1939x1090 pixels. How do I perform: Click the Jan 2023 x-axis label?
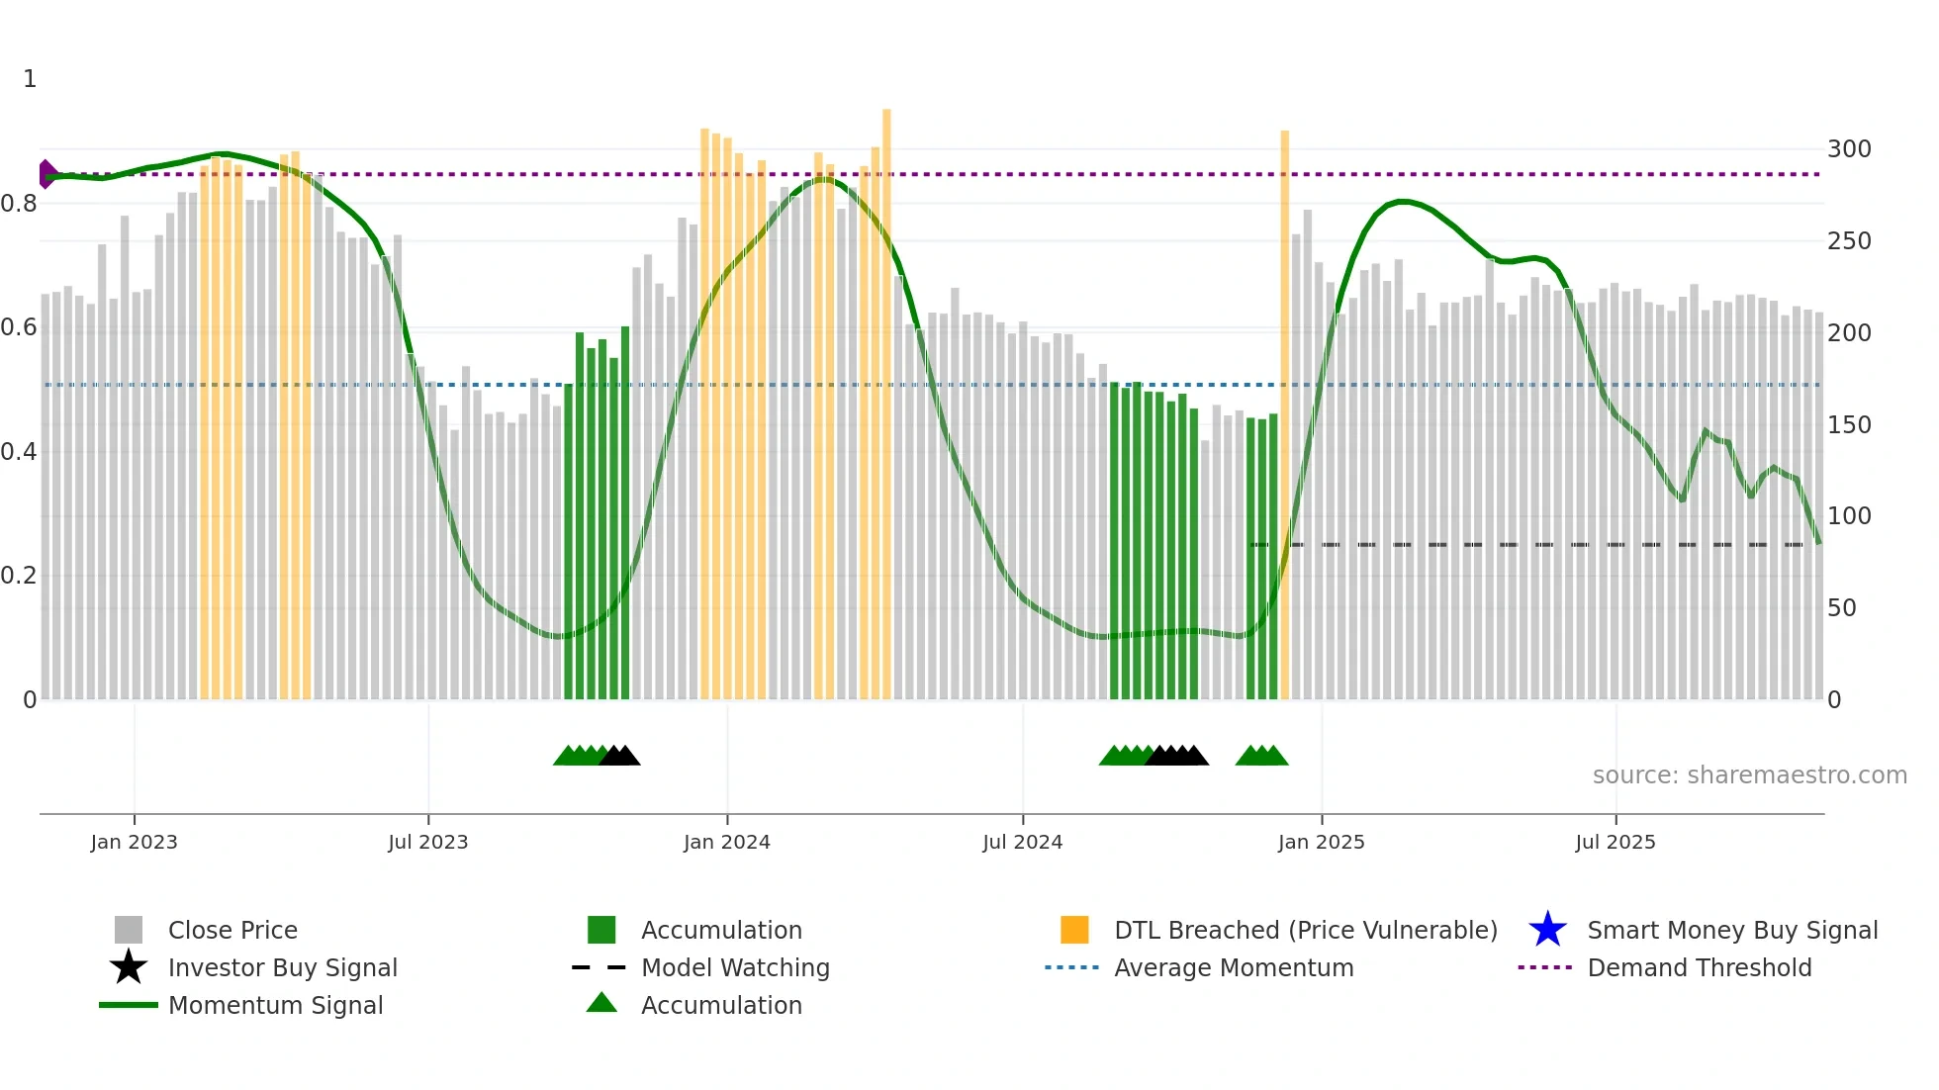point(134,842)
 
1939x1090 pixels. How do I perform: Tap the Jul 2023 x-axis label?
point(427,842)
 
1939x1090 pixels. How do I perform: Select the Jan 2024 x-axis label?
point(726,842)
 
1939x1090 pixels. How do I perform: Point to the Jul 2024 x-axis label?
point(1022,842)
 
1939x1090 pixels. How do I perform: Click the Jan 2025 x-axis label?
point(1321,842)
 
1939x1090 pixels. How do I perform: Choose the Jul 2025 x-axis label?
point(1615,842)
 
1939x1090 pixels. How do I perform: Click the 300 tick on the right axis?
point(1849,149)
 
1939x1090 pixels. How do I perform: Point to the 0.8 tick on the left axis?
point(19,204)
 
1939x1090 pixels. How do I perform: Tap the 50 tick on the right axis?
point(1842,608)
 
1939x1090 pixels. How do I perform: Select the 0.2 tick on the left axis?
point(19,576)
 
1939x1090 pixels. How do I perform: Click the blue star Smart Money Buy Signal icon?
point(1547,930)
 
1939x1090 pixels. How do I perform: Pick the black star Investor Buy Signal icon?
point(129,967)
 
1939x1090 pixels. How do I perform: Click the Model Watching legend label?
point(735,967)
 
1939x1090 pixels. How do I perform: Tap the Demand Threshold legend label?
point(1699,967)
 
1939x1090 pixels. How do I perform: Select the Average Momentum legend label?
point(1234,967)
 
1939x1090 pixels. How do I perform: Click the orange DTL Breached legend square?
point(1074,930)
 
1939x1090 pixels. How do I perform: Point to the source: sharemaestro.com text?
point(1749,775)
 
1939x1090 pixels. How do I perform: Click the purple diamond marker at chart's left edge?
point(46,174)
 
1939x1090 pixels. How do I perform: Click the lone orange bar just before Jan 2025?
point(1284,415)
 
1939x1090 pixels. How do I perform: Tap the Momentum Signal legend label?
point(275,1005)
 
